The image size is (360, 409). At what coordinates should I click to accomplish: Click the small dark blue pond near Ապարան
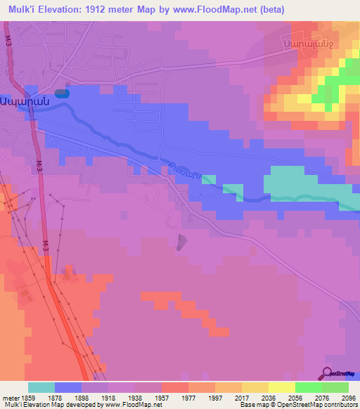tap(62, 92)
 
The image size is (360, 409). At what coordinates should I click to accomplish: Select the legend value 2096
tap(348, 397)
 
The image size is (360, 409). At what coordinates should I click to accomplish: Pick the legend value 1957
tap(161, 397)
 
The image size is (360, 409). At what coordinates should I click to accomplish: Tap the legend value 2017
tap(241, 397)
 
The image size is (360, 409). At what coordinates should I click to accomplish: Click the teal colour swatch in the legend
tap(41, 387)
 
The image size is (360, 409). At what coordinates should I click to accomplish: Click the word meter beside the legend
tap(10, 397)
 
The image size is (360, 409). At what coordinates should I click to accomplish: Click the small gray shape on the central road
tap(182, 242)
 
